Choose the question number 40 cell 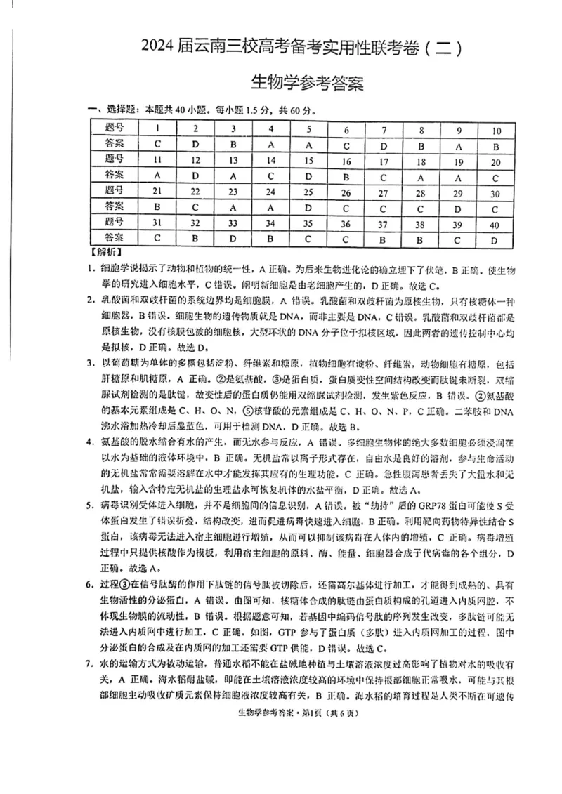click(x=495, y=224)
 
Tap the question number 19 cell click(x=458, y=161)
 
